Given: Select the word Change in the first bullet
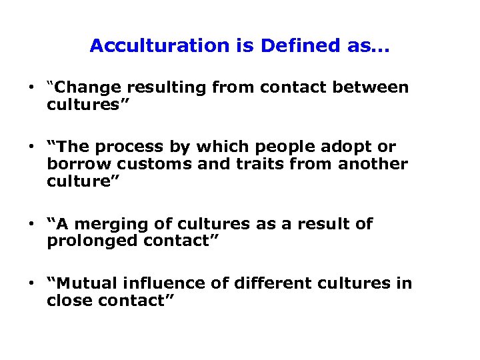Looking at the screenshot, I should tap(92, 88).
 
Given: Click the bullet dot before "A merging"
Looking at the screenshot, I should tap(31, 224).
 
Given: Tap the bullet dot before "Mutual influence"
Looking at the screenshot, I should tap(31, 283).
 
